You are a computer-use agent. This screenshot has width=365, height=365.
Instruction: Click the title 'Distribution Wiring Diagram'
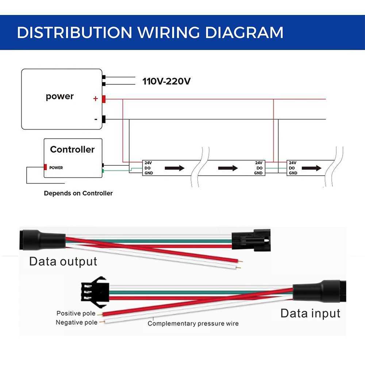point(150,32)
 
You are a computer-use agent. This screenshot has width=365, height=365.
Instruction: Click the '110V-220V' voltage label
point(166,81)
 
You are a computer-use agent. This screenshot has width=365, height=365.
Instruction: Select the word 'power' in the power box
point(60,96)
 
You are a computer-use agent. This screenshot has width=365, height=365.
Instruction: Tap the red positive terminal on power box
point(104,99)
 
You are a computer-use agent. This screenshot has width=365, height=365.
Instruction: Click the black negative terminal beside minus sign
point(104,119)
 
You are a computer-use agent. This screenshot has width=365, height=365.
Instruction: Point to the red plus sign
point(96,99)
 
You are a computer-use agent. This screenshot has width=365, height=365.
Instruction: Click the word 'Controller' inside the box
point(72,149)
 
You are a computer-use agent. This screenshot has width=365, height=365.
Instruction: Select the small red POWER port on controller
point(46,168)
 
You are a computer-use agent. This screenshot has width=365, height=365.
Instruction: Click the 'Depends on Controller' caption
point(78,193)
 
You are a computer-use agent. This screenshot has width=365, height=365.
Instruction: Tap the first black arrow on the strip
point(174,168)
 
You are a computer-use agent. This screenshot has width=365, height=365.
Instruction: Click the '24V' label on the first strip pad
point(148,163)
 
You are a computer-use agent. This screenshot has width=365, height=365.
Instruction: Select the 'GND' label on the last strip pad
point(293,173)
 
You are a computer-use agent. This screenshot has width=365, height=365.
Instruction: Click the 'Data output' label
point(63,261)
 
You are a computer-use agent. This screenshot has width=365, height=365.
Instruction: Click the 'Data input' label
point(310,313)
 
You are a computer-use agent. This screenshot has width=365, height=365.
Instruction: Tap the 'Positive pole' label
point(76,313)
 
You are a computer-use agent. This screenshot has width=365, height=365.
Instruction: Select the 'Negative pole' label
point(77,322)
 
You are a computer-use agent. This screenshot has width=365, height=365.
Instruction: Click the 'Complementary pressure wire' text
point(193,323)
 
